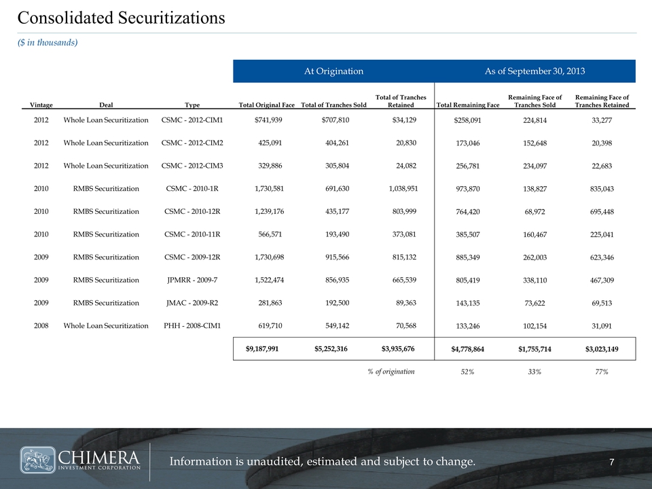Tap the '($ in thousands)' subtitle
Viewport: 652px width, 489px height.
47,43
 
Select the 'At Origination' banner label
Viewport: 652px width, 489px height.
333,71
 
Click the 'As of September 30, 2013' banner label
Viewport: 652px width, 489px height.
535,71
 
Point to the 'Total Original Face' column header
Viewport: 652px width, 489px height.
267,105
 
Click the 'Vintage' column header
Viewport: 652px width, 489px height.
41,105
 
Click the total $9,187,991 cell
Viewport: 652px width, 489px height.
261,349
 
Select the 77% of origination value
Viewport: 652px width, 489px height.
600,372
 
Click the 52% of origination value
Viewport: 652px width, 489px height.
467,372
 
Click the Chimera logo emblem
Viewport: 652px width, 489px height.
38,460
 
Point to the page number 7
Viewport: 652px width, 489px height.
612,463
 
